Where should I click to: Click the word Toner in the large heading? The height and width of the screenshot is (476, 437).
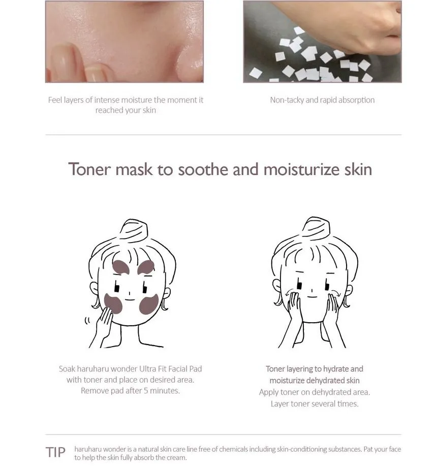[89, 169]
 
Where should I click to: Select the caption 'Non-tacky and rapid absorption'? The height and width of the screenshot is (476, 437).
[322, 100]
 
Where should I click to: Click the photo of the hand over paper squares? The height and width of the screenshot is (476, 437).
[322, 41]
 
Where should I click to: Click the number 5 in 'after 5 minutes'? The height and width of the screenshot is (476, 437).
[143, 391]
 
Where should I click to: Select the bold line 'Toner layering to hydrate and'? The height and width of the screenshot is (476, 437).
[315, 369]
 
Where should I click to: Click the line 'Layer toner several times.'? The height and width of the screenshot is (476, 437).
[315, 404]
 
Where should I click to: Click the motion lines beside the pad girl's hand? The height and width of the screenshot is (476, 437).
[87, 320]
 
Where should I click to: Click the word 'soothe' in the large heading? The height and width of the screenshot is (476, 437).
[203, 169]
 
